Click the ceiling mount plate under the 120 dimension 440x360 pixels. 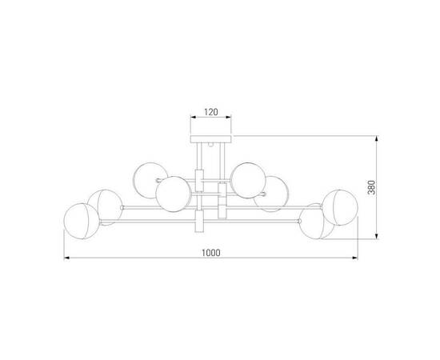click(208, 139)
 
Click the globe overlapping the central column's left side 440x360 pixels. click(172, 193)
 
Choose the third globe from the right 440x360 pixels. click(272, 194)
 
